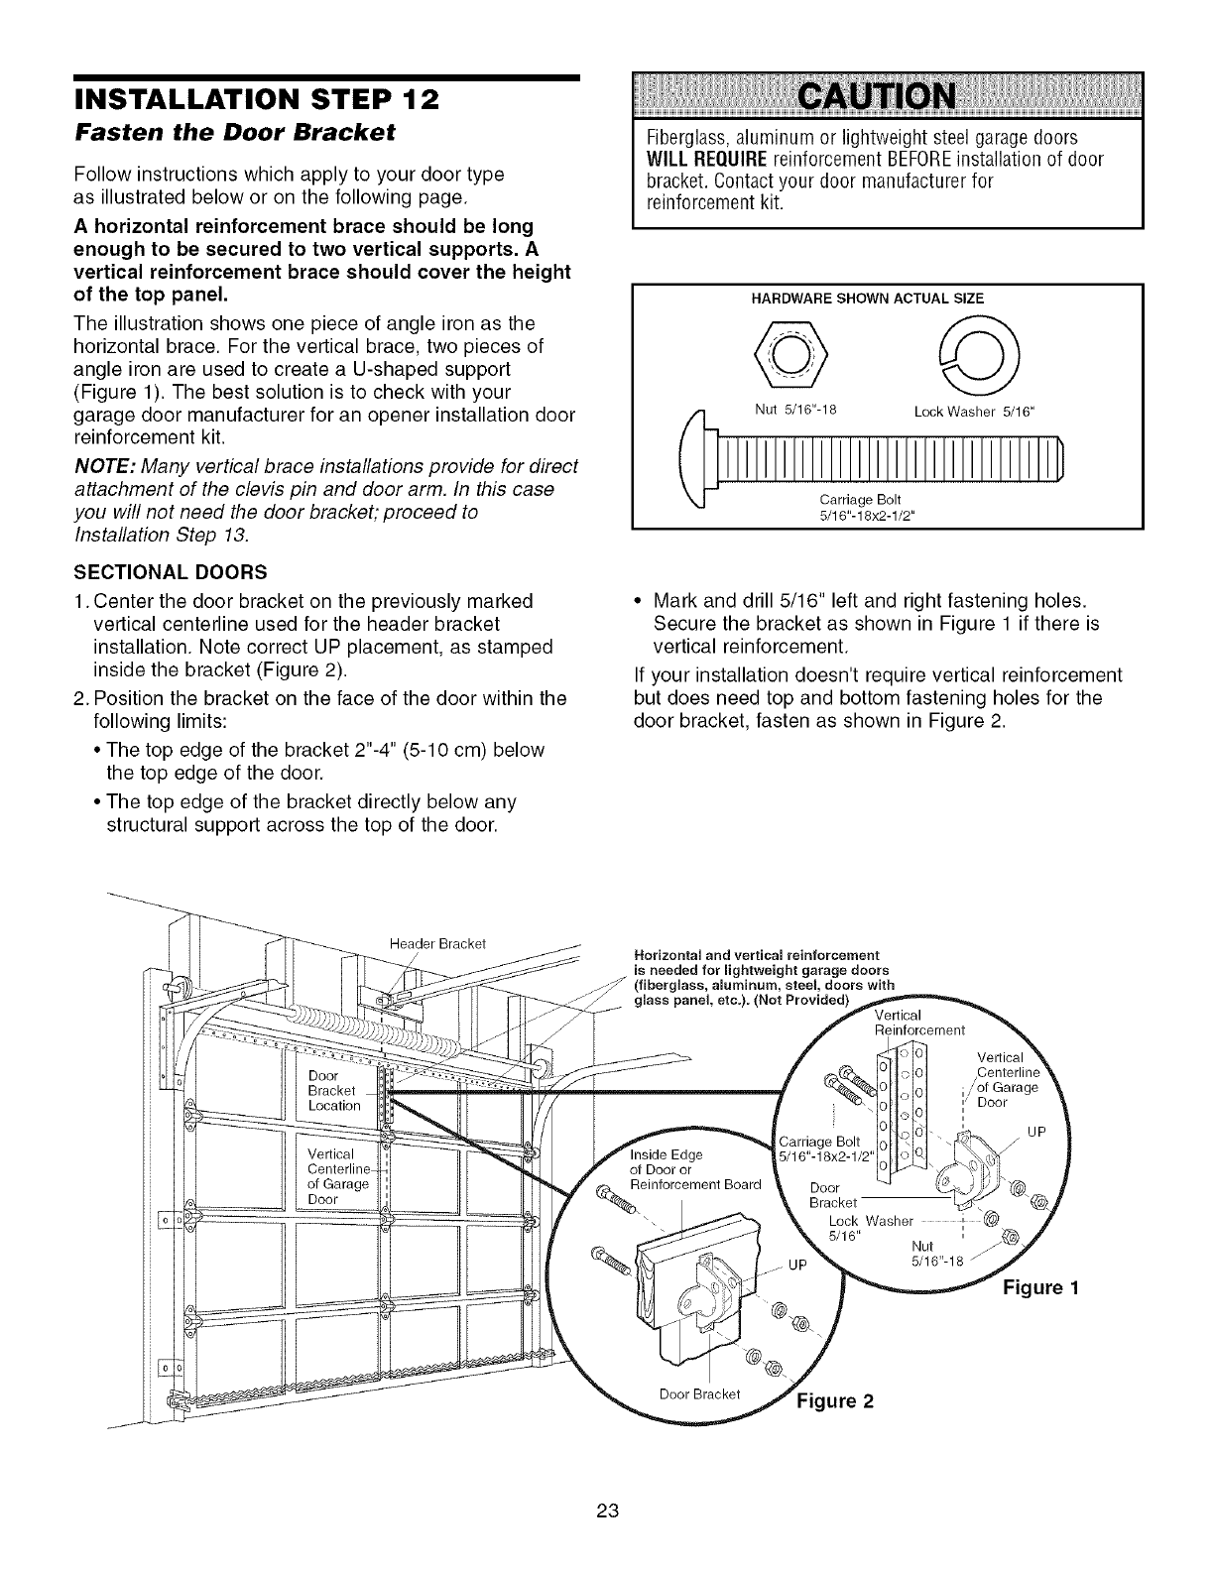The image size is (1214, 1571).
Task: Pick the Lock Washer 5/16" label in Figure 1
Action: [856, 1228]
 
